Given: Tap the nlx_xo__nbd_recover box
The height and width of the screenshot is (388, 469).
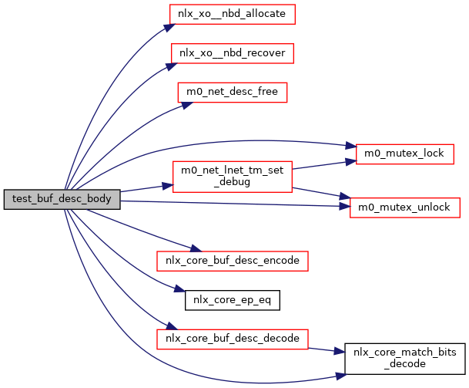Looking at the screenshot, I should [x=232, y=53].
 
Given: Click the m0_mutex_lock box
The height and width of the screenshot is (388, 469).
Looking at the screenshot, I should [x=404, y=153].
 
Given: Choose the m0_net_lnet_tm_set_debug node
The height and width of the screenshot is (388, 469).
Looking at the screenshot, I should [x=232, y=177].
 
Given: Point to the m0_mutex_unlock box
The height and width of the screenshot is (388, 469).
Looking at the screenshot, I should [x=404, y=207].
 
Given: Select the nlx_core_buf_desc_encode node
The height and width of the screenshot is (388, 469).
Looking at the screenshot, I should [x=232, y=261].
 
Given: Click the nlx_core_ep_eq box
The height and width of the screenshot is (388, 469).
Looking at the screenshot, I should [x=232, y=299].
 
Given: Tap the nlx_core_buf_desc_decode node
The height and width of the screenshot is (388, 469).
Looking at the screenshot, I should [x=232, y=338].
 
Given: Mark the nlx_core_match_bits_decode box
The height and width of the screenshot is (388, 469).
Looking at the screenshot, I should [x=404, y=357].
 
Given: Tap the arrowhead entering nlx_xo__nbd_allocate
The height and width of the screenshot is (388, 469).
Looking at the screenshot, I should [x=166, y=27].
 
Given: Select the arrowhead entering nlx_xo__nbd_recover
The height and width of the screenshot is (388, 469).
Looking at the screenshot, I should [x=166, y=67].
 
